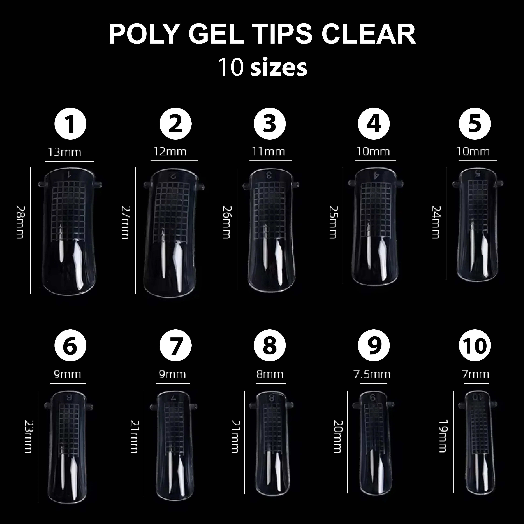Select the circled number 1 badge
tap(70, 124)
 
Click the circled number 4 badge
tap(374, 124)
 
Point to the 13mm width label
tap(65, 152)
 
